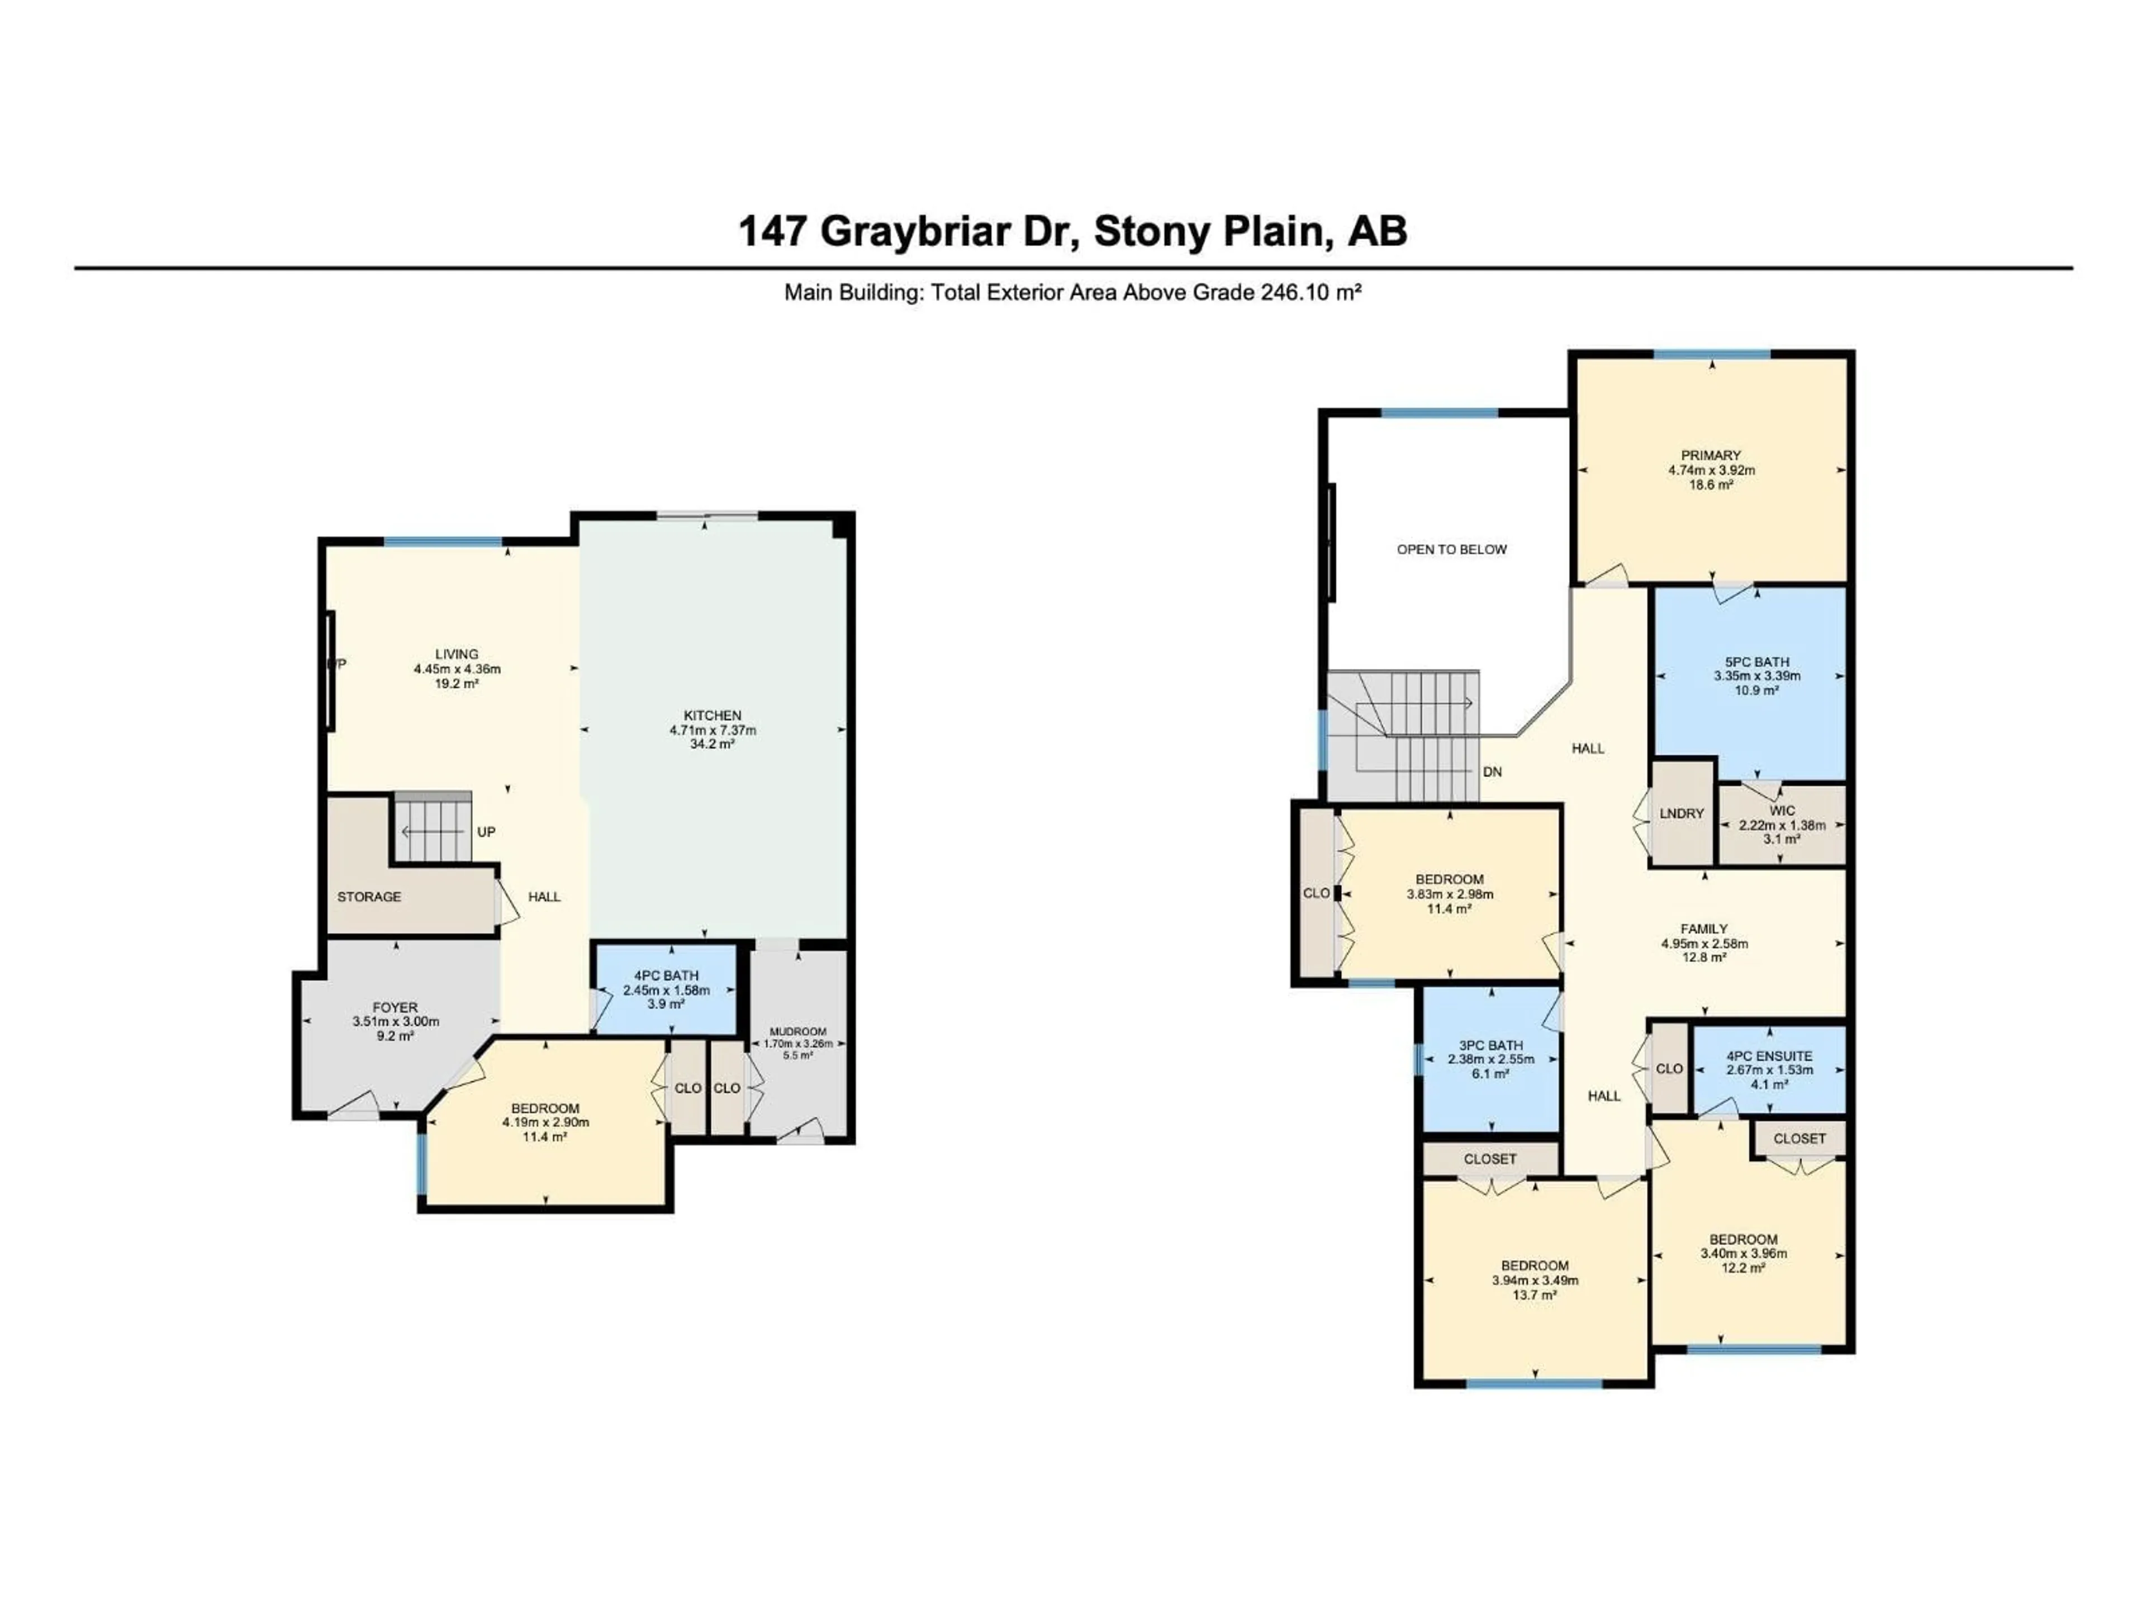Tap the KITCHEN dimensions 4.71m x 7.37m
(x=712, y=730)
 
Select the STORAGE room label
(x=369, y=897)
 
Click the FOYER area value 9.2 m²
(x=395, y=1036)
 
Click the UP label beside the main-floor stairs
(x=486, y=832)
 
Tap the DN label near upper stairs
(x=1492, y=772)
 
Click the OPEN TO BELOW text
(x=1451, y=549)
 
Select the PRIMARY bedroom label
(x=1711, y=455)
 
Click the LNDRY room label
(x=1681, y=813)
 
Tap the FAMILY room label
(x=1703, y=928)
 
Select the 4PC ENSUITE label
(x=1769, y=1056)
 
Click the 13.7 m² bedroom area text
(x=1535, y=1295)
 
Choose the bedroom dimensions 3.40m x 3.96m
(x=1744, y=1253)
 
